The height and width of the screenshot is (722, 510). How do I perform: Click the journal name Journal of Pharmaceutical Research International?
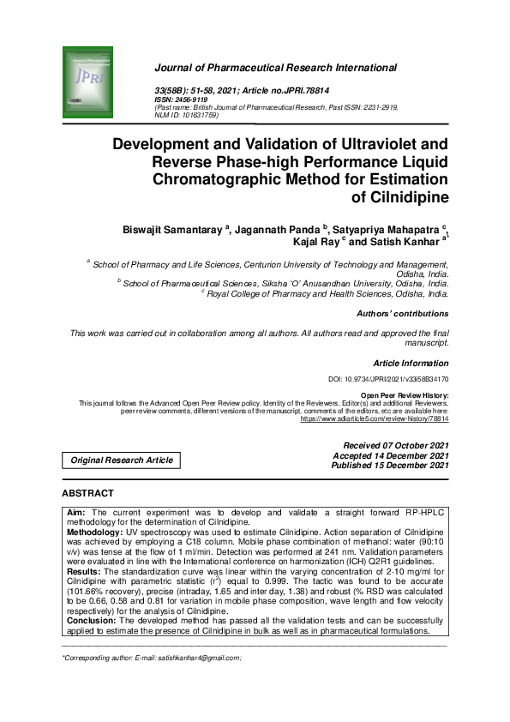[275, 67]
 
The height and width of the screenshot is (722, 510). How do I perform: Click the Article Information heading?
[411, 364]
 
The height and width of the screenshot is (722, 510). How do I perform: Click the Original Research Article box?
[122, 460]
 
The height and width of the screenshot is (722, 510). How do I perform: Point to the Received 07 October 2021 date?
[396, 446]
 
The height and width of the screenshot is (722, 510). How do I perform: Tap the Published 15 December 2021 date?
[395, 466]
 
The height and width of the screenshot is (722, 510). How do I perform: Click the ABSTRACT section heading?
[87, 494]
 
